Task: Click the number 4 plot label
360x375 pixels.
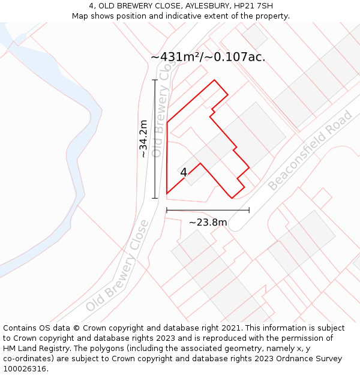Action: [184, 172]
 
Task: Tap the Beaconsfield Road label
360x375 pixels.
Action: [310, 151]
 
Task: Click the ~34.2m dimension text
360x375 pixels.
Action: [143, 139]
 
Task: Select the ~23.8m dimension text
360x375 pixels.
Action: [208, 223]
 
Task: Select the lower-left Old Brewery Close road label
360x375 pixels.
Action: [117, 266]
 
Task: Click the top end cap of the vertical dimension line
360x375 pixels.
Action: [155, 80]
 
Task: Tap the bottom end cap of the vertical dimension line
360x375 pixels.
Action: [155, 198]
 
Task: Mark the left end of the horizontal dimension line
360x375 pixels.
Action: [167, 210]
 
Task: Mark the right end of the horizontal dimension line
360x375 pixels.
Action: [249, 210]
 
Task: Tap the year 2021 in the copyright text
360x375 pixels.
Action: [232, 328]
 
